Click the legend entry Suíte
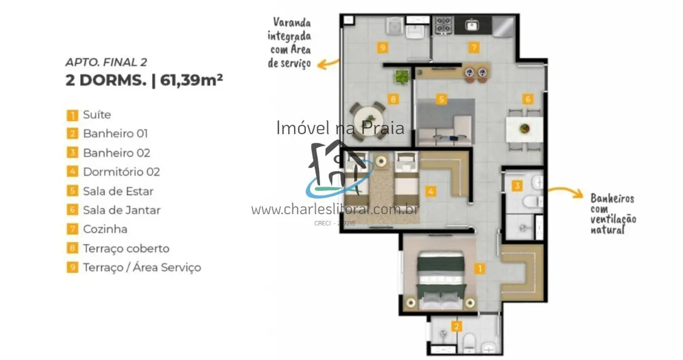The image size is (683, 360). (96, 115)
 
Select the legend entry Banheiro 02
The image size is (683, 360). (116, 153)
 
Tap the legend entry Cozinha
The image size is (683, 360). (105, 229)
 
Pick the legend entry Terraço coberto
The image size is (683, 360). (126, 249)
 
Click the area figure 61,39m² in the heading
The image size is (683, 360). (191, 80)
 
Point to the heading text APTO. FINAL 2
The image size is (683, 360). (106, 63)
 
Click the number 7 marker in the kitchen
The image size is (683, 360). (474, 48)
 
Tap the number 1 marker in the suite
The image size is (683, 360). (480, 269)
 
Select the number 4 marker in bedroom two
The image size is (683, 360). (430, 192)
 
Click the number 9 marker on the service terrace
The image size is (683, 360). (382, 48)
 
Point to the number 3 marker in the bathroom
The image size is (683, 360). (516, 186)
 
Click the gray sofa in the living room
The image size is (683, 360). (445, 121)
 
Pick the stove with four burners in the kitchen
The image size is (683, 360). (443, 25)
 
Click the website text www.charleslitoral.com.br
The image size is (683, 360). (335, 209)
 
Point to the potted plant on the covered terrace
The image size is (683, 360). (402, 76)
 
